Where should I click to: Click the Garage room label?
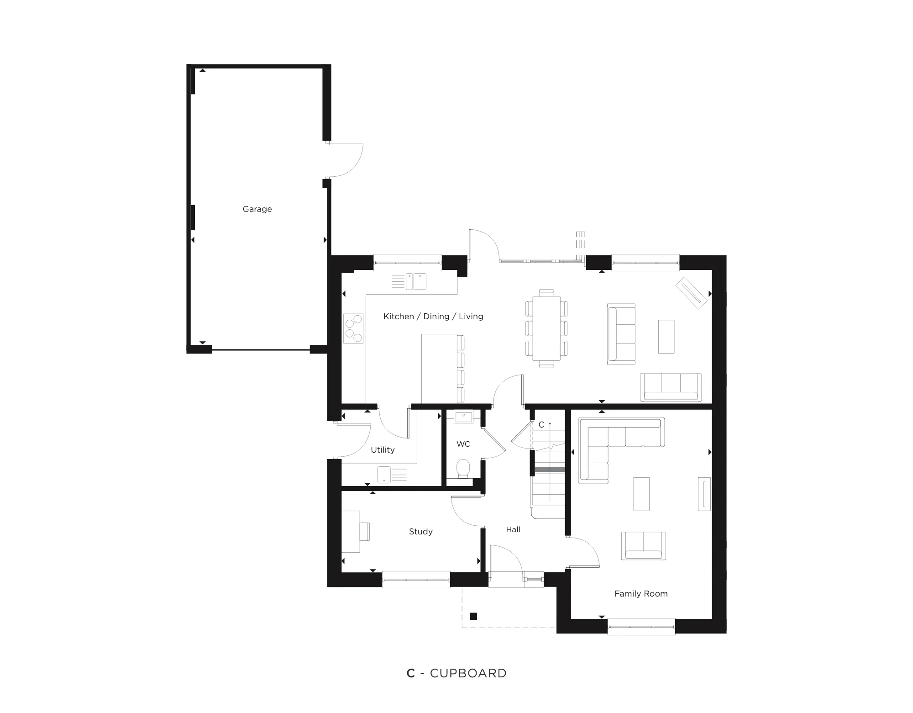pyautogui.click(x=257, y=209)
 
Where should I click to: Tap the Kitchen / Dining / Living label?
pyautogui.click(x=433, y=317)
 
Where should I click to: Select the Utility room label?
pyautogui.click(x=383, y=450)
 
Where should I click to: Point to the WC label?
pyautogui.click(x=463, y=444)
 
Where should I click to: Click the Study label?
pyautogui.click(x=420, y=532)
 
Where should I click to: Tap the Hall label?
pyautogui.click(x=513, y=530)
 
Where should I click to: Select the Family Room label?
pyautogui.click(x=641, y=594)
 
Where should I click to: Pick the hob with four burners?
pyautogui.click(x=353, y=328)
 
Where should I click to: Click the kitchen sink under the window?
pyautogui.click(x=416, y=281)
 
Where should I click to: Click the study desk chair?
pyautogui.click(x=365, y=532)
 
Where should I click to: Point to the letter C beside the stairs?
pyautogui.click(x=541, y=425)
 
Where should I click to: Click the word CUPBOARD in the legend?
pyautogui.click(x=468, y=673)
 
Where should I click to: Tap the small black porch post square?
pyautogui.click(x=473, y=616)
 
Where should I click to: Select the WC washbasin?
pyautogui.click(x=464, y=417)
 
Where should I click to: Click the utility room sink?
pyautogui.click(x=384, y=475)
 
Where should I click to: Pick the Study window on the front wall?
pyautogui.click(x=416, y=579)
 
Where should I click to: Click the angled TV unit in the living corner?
pyautogui.click(x=692, y=292)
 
